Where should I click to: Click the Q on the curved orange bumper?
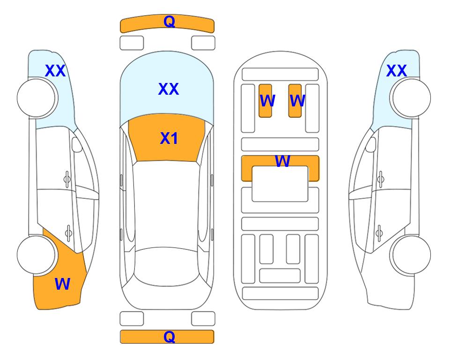pyautogui.click(x=170, y=22)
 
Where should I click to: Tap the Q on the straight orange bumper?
pyautogui.click(x=170, y=337)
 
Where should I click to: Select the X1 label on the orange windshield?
pyautogui.click(x=169, y=138)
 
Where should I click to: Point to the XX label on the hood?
pyautogui.click(x=169, y=89)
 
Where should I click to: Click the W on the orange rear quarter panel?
pyautogui.click(x=62, y=284)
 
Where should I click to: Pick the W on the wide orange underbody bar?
pyautogui.click(x=282, y=161)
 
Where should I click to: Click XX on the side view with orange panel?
pyautogui.click(x=55, y=71)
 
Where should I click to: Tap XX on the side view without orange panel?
pyautogui.click(x=396, y=71)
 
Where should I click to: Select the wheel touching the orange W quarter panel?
pyautogui.click(x=36, y=255)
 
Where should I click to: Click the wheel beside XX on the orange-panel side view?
pyautogui.click(x=36, y=98)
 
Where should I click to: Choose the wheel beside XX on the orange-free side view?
pyautogui.click(x=412, y=98)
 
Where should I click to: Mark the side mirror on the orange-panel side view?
pyautogui.click(x=77, y=144)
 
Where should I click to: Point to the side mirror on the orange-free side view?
pyautogui.click(x=371, y=144)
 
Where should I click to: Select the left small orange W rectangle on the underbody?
pyautogui.click(x=265, y=101)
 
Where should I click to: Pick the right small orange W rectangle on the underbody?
pyautogui.click(x=295, y=101)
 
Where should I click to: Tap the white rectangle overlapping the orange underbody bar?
pyautogui.click(x=280, y=184)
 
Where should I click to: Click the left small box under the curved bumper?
pyautogui.click(x=132, y=43)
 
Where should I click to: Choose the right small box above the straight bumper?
pyautogui.click(x=203, y=319)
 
